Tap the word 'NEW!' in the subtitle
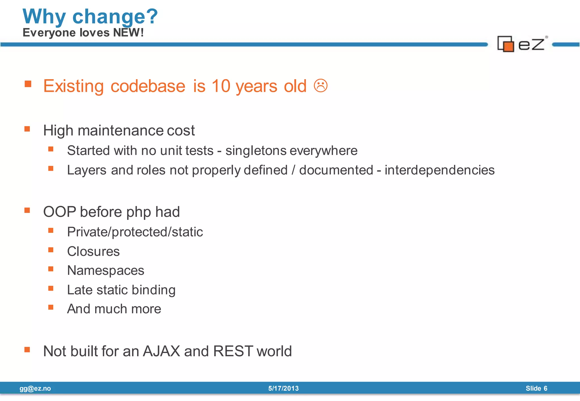(x=128, y=33)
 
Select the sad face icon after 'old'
(x=321, y=86)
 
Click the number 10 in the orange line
(x=221, y=86)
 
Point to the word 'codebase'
(x=148, y=86)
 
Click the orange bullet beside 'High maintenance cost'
(x=27, y=129)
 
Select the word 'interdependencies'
(x=439, y=170)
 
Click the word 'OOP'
(x=59, y=212)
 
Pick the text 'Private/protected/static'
(x=135, y=232)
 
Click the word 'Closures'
(x=93, y=251)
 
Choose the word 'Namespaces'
(x=105, y=270)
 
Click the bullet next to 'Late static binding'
(x=51, y=288)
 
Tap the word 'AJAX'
(x=161, y=351)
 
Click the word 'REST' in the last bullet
(x=233, y=351)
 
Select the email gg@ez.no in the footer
(x=35, y=389)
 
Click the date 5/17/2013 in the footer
(x=283, y=389)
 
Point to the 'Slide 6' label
(x=536, y=389)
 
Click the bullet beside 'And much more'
(x=51, y=308)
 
